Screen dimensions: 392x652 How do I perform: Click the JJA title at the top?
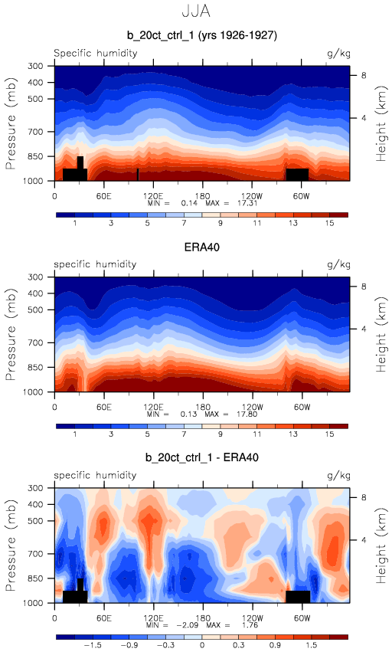196,11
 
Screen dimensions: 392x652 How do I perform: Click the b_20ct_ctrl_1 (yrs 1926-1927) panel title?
202,35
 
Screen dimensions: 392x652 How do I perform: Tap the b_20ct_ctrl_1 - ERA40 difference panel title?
202,457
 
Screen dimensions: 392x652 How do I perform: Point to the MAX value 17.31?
248,203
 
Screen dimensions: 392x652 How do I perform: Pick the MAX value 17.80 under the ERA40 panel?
248,414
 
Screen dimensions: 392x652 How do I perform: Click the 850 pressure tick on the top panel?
35,156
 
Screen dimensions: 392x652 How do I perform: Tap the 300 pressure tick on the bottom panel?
35,488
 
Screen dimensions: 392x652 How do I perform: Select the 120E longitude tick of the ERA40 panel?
153,407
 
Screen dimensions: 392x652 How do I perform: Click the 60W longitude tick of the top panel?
302,196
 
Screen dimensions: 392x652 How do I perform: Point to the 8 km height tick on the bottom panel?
364,497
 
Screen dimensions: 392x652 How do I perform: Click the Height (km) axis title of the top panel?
381,123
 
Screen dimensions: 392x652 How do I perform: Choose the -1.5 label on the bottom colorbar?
93,645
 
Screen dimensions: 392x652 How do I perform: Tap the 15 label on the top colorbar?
330,223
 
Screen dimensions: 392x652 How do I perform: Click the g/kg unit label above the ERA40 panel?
339,264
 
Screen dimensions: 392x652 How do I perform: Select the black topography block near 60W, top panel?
297,175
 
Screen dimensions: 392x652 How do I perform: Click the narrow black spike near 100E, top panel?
138,175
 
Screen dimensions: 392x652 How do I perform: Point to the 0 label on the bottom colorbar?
202,645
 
